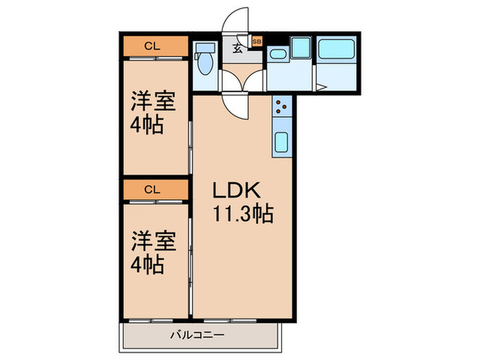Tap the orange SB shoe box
pos(257,42)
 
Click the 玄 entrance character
pos(237,48)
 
